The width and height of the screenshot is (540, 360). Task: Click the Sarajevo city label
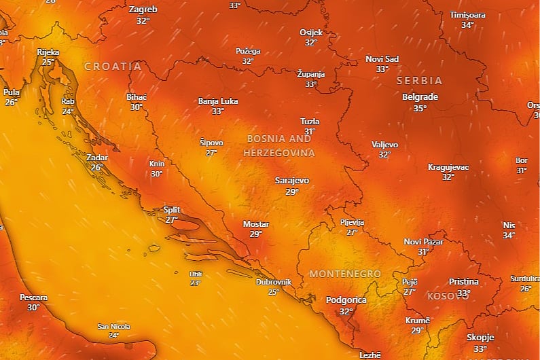click(291, 181)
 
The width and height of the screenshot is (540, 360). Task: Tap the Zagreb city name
click(143, 10)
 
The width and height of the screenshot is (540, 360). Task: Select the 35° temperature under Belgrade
click(420, 108)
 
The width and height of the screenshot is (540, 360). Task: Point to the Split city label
click(172, 210)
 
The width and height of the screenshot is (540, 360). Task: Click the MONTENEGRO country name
click(344, 273)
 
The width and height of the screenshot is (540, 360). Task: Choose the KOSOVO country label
click(448, 296)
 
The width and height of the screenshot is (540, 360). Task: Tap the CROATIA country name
click(113, 67)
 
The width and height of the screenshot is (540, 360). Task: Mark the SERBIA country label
click(419, 80)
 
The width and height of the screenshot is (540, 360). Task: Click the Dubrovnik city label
click(274, 282)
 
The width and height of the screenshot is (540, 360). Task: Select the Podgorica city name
click(346, 300)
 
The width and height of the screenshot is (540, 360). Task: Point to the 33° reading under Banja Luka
click(217, 111)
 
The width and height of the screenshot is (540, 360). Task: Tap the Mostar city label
click(256, 224)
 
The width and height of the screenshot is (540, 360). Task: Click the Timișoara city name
click(467, 14)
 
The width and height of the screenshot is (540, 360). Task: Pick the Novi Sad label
click(382, 58)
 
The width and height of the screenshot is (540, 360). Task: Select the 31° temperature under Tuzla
click(310, 132)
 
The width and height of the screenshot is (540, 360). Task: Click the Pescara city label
click(33, 298)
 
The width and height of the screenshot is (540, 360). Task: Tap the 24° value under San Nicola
click(113, 335)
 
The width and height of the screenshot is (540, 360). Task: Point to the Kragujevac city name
click(448, 167)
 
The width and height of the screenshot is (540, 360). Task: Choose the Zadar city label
click(97, 158)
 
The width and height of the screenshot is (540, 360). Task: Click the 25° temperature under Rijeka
click(48, 62)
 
